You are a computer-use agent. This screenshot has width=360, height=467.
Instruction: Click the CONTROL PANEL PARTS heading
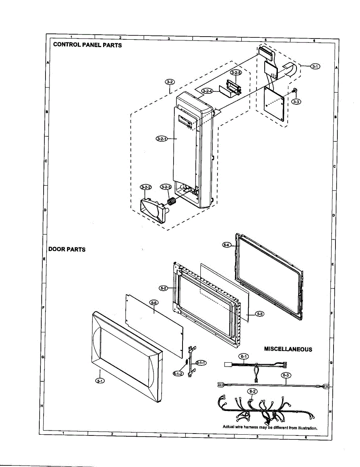[87, 45]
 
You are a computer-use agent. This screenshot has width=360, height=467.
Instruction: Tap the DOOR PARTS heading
[67, 249]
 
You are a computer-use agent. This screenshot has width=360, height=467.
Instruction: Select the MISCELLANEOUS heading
[288, 349]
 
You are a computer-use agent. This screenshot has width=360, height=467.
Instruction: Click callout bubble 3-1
[315, 67]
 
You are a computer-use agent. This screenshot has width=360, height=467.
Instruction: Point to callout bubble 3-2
[170, 82]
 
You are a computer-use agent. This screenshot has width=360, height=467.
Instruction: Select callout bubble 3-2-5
[236, 73]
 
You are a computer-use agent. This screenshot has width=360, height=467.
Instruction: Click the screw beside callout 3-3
[295, 91]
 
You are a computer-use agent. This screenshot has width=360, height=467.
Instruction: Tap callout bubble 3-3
[297, 102]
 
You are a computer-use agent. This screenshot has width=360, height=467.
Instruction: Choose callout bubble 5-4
[227, 244]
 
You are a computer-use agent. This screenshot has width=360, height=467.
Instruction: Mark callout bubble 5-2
[163, 288]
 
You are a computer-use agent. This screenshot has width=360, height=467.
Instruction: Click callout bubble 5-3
[260, 314]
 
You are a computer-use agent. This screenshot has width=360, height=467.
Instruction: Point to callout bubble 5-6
[153, 302]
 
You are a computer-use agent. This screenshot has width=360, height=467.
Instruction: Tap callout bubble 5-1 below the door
[100, 381]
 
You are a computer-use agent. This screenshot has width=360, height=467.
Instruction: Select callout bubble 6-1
[244, 356]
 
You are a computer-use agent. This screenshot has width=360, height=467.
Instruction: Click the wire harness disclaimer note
[270, 427]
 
